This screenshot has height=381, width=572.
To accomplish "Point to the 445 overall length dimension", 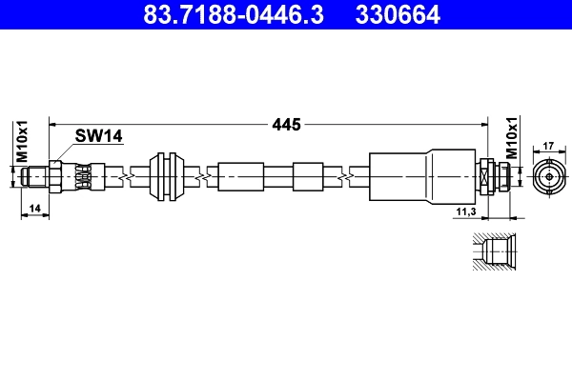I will click(x=287, y=124).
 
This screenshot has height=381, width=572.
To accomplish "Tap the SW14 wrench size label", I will click(x=100, y=137).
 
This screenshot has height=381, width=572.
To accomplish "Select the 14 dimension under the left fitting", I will click(x=34, y=207).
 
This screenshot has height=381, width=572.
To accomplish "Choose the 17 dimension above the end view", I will click(x=548, y=146).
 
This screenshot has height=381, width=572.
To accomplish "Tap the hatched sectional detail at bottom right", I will click(x=495, y=253).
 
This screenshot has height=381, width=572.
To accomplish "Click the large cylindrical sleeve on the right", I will click(x=419, y=176).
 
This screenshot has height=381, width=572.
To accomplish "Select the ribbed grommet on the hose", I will click(x=168, y=176).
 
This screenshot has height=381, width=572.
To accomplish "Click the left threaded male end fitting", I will click(x=37, y=176).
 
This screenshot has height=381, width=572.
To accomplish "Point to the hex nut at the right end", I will click(x=489, y=176).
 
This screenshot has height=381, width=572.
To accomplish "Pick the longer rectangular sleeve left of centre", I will click(x=240, y=177).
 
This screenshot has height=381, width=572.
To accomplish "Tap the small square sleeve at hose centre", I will click(x=309, y=177).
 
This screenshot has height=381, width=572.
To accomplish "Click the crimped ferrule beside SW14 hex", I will click(x=83, y=176).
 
